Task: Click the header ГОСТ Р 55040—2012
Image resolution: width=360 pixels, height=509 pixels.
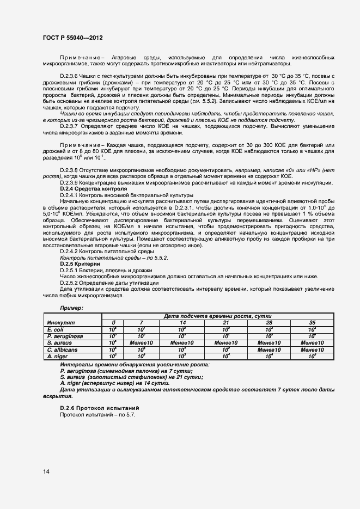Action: click(x=72, y=38)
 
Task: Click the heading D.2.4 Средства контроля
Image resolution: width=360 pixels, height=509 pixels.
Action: click(x=93, y=188)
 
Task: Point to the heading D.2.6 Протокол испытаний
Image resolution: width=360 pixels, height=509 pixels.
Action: click(x=99, y=408)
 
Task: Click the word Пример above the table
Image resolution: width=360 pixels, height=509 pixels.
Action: click(x=72, y=308)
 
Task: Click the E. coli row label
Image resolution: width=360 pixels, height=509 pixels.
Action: click(x=56, y=329)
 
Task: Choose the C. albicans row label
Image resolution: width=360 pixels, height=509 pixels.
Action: click(x=62, y=349)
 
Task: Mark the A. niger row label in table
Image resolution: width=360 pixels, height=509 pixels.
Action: click(x=57, y=355)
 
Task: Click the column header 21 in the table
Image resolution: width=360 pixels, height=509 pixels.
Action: click(x=226, y=323)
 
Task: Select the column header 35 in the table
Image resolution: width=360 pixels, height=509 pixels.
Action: click(x=312, y=323)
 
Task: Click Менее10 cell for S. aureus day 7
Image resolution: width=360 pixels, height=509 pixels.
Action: click(x=142, y=342)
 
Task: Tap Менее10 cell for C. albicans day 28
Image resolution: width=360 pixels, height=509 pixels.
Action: click(x=269, y=349)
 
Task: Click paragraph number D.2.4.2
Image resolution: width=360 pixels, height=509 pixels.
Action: click(x=72, y=252)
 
